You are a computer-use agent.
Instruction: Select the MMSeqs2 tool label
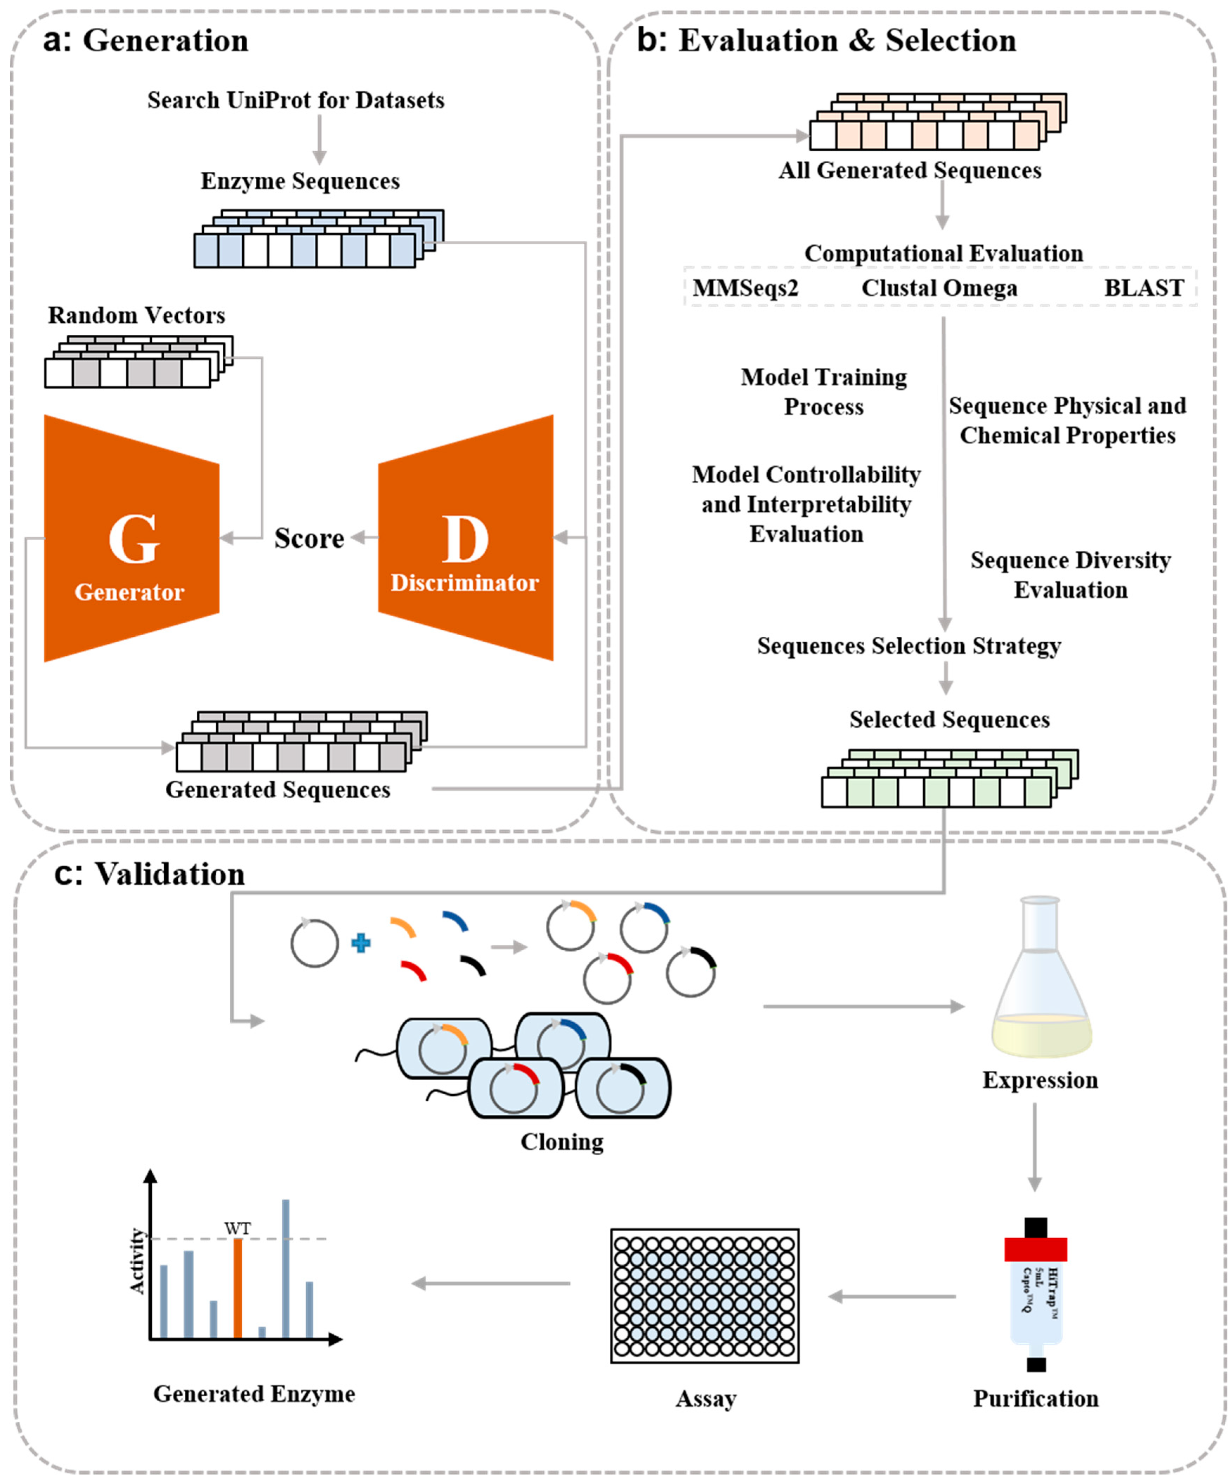pyautogui.click(x=745, y=288)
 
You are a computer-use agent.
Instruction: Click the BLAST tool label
pyautogui.click(x=1143, y=288)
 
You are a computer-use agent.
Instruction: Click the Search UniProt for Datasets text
pyautogui.click(x=295, y=100)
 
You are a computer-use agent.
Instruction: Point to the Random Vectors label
pyautogui.click(x=136, y=315)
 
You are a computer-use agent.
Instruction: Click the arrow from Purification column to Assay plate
pyautogui.click(x=892, y=1296)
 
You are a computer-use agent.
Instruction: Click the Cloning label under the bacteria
pyautogui.click(x=562, y=1142)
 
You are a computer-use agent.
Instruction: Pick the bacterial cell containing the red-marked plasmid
pyautogui.click(x=515, y=1087)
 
